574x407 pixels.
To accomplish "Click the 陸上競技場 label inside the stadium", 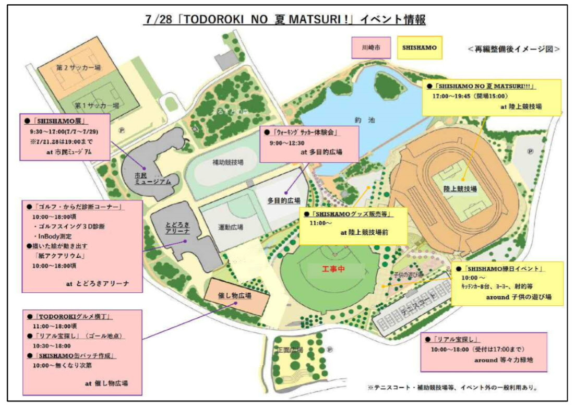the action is tap(461, 188).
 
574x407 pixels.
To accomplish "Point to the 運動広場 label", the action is tap(233, 227).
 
